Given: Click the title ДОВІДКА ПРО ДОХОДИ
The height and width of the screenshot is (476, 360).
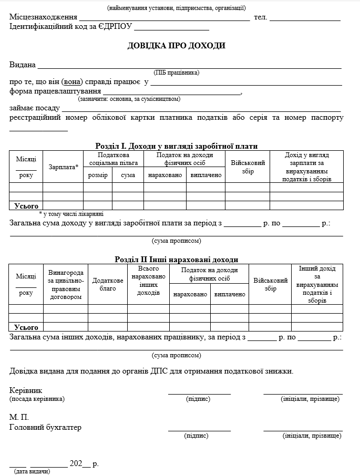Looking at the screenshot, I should (x=176, y=46).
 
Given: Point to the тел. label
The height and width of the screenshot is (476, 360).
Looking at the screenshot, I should (x=261, y=17).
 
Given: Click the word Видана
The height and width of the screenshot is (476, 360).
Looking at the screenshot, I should (x=23, y=65).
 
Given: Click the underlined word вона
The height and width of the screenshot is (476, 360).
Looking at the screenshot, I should (x=72, y=82).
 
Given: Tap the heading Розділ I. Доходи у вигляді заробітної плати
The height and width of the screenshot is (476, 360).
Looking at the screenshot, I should (x=176, y=146).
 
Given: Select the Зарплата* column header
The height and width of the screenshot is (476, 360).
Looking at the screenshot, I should (x=63, y=167).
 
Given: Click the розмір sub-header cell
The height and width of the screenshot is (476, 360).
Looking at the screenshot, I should (x=97, y=175).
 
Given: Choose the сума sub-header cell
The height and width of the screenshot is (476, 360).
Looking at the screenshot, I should (x=128, y=175).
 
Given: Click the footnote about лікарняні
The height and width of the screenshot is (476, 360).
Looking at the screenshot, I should (x=71, y=214).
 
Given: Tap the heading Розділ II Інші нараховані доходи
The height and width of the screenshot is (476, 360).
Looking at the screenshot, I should (x=176, y=260).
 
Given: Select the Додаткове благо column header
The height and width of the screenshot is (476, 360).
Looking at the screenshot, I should (x=108, y=285).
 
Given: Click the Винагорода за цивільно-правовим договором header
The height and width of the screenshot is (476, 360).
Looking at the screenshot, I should (x=66, y=285).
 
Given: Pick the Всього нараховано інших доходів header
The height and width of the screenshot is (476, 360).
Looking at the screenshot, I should (x=148, y=281).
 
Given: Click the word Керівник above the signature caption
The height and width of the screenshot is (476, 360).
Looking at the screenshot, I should (x=26, y=391).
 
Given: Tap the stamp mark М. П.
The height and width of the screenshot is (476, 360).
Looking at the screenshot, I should (x=19, y=417).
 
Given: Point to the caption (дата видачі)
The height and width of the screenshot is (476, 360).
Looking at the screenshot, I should (x=32, y=471).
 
